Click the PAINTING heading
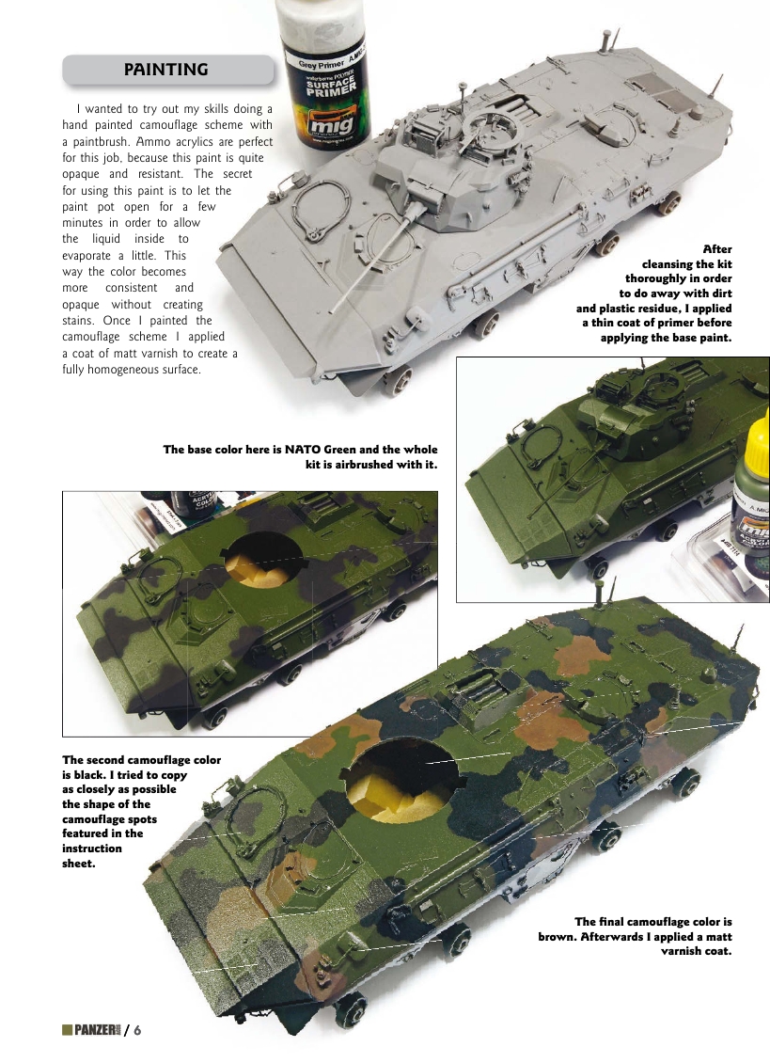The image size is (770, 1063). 166,70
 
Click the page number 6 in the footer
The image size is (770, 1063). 137,1029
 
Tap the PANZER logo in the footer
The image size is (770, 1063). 90,1029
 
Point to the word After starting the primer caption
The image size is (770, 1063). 716,248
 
